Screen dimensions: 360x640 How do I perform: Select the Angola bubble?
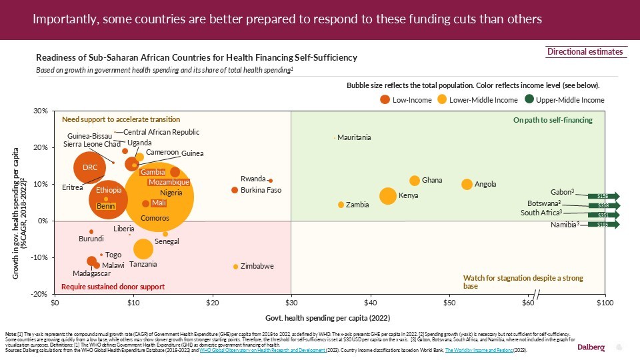pos(467,184)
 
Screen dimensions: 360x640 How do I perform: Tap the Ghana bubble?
pos(415,181)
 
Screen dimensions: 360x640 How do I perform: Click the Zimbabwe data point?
pos(235,267)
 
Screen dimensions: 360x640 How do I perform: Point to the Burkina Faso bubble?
pos(235,190)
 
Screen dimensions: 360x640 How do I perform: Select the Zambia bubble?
pos(341,205)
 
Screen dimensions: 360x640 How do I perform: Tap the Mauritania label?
pos(354,138)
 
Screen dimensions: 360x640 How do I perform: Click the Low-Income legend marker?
pos(385,99)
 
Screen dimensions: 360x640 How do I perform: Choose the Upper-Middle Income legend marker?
pos(529,99)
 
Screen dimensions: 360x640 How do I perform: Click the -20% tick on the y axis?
pos(41,294)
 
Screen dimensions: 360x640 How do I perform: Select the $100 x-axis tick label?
pos(605,304)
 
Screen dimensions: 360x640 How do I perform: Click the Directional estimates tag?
pos(585,52)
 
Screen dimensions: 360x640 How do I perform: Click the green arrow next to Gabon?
pos(603,196)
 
